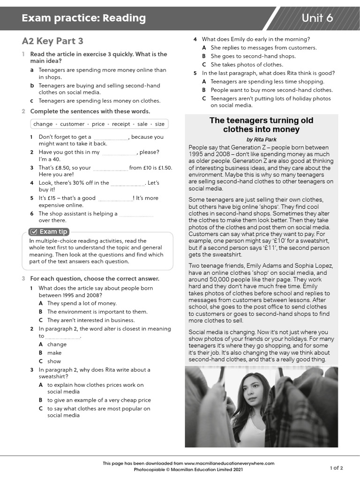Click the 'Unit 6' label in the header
(317, 18)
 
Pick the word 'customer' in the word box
(72, 124)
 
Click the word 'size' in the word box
(160, 124)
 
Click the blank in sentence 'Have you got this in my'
(119, 153)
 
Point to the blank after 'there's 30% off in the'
(127, 183)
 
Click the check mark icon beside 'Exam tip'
(33, 232)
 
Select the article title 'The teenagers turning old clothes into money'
(261, 125)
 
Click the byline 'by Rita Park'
(261, 140)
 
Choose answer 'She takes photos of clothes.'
(247, 65)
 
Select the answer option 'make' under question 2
(54, 353)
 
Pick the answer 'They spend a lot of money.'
(82, 303)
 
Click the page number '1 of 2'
(336, 468)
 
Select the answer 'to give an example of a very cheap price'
(99, 400)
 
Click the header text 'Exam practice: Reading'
(83, 18)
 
